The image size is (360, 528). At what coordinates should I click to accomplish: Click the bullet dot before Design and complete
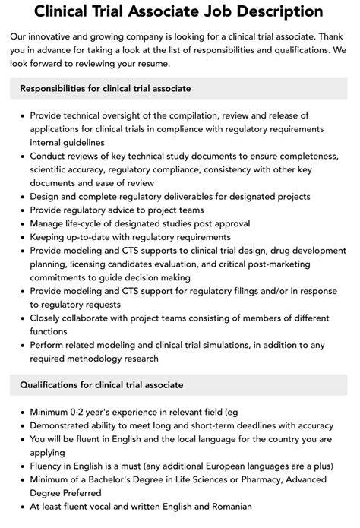pyautogui.click(x=21, y=198)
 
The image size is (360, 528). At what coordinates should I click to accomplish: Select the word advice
pyautogui.click(x=125, y=210)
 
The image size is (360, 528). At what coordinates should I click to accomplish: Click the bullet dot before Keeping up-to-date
pyautogui.click(x=21, y=238)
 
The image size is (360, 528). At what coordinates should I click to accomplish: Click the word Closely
pyautogui.click(x=50, y=319)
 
